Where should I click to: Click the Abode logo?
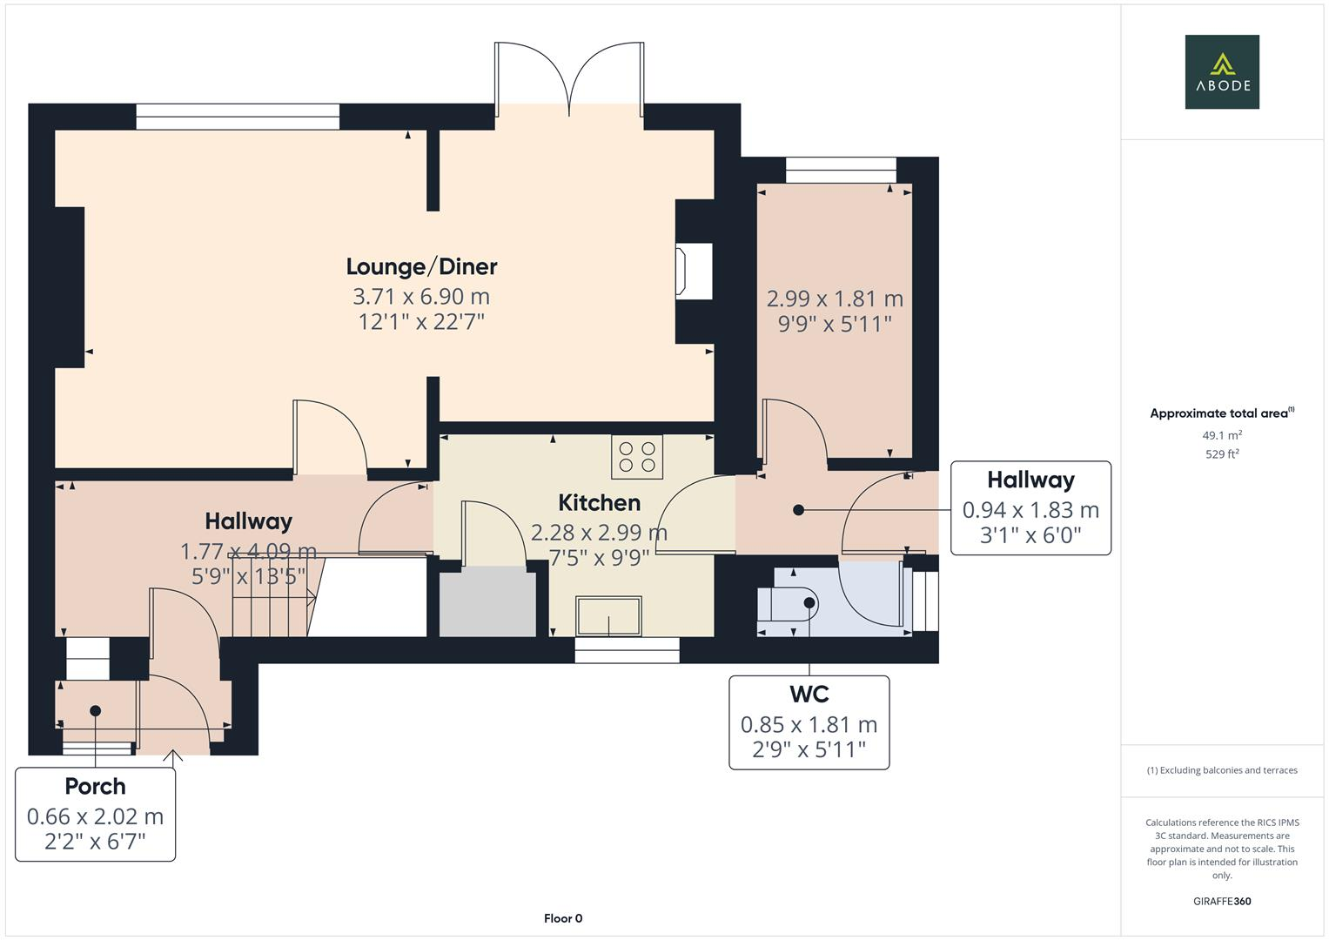[x=1222, y=71]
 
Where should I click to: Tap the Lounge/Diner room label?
[x=421, y=266]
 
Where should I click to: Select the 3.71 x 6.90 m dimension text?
[x=421, y=296]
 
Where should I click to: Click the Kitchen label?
[x=599, y=502]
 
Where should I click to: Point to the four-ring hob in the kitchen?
[x=637, y=456]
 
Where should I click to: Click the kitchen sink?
[x=608, y=616]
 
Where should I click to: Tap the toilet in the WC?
[x=788, y=603]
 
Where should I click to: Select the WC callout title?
[x=809, y=694]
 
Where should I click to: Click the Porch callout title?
[x=96, y=786]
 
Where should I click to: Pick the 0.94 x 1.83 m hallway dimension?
[x=1030, y=510]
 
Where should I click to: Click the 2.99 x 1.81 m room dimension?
[x=835, y=299]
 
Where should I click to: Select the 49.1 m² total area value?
[x=1222, y=435]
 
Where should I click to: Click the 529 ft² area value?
[x=1222, y=453]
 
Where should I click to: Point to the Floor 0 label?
[x=562, y=918]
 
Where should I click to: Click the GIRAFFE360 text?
[x=1222, y=901]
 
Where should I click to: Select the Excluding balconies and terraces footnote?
[x=1222, y=770]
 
